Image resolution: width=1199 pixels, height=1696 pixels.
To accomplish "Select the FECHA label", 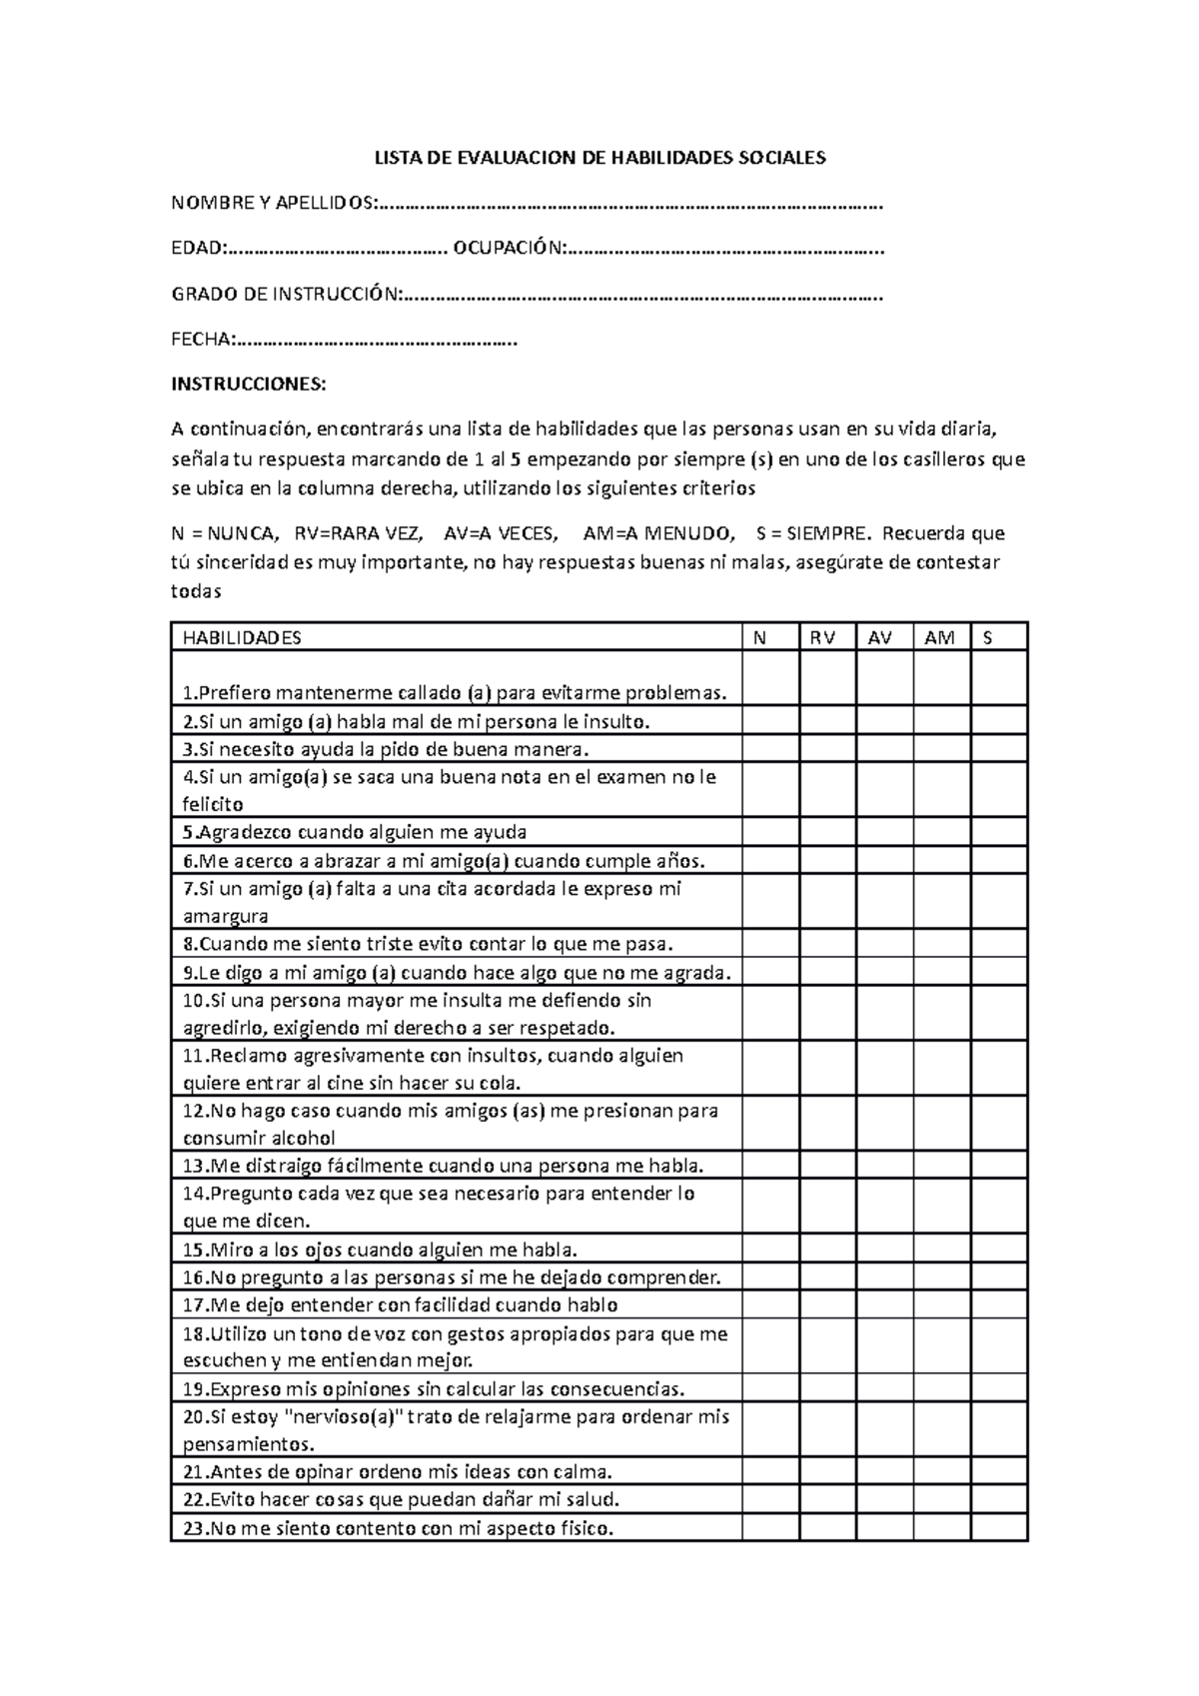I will [203, 340].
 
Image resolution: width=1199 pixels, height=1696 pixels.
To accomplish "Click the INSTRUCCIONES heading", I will [249, 385].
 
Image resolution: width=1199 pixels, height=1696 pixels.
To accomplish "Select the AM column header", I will [939, 638].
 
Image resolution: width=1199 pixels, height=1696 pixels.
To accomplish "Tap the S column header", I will [988, 638].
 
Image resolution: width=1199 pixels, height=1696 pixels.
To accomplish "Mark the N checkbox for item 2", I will [769, 721].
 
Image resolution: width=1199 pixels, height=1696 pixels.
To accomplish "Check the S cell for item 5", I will [998, 832].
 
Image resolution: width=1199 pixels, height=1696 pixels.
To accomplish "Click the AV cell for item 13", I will [883, 1166].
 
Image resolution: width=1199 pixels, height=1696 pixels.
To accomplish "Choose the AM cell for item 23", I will [940, 1527].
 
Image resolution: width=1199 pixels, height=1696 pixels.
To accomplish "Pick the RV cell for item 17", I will [826, 1304].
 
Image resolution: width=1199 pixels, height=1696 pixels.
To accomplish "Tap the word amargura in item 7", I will [226, 916].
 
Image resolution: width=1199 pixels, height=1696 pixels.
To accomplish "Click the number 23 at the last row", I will [192, 1527].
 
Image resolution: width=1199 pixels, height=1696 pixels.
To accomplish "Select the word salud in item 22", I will [593, 1499].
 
